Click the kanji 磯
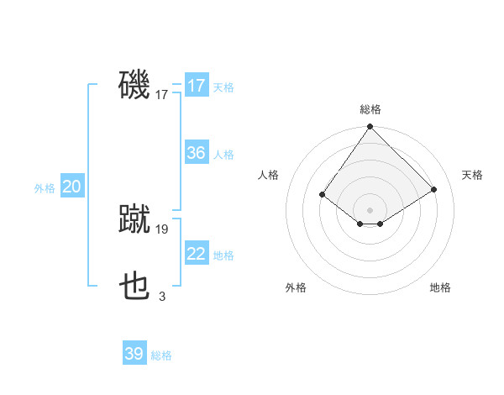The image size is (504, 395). tap(134, 85)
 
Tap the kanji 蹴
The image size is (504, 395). tap(134, 219)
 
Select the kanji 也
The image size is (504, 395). tap(134, 287)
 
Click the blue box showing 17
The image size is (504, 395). tap(196, 86)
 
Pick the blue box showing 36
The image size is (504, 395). tap(196, 153)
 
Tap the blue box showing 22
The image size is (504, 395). tap(196, 254)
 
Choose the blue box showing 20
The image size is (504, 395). tap(71, 187)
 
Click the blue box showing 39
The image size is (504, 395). tap(134, 354)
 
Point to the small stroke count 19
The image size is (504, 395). tap(162, 229)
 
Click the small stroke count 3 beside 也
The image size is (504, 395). tap(162, 296)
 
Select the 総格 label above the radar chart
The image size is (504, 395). tap(370, 109)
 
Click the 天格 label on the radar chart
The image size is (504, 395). tap(472, 175)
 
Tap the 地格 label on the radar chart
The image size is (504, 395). tap(440, 287)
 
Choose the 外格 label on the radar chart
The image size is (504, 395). tap(296, 287)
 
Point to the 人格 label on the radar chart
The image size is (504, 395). tap(268, 175)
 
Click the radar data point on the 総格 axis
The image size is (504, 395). tap(370, 127)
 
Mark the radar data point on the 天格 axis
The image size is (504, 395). tap(434, 190)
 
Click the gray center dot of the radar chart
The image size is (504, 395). tap(370, 209)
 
